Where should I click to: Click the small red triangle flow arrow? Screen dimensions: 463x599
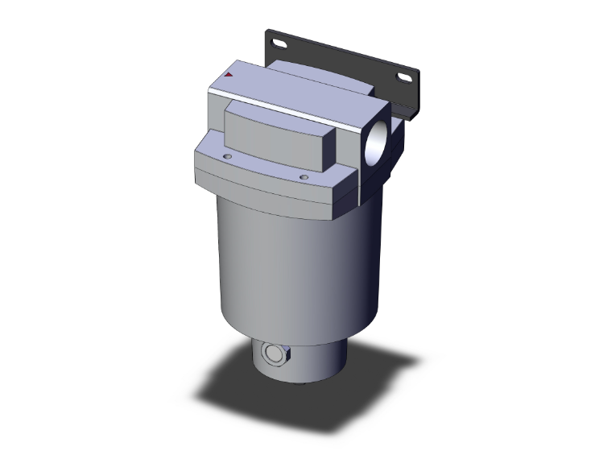click(x=229, y=75)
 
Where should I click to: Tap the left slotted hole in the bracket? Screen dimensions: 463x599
click(x=278, y=43)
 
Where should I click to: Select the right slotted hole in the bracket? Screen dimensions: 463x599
click(x=403, y=78)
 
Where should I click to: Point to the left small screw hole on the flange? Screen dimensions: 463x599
click(x=227, y=156)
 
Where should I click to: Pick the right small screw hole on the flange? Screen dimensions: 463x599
click(x=304, y=177)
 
